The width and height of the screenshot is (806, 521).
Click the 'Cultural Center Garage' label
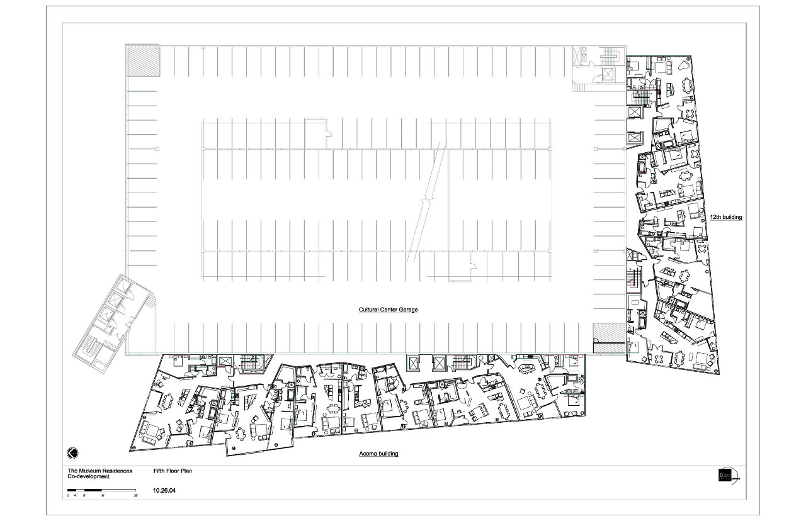(389, 310)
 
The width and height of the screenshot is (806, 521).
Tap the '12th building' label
(726, 217)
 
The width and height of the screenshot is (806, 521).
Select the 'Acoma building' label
(378, 454)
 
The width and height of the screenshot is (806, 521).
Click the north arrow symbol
(72, 453)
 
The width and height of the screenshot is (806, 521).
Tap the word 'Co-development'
(88, 476)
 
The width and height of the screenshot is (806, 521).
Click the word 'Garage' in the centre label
(408, 310)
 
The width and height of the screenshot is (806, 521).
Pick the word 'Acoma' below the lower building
(368, 454)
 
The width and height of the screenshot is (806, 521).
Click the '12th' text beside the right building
(715, 217)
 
